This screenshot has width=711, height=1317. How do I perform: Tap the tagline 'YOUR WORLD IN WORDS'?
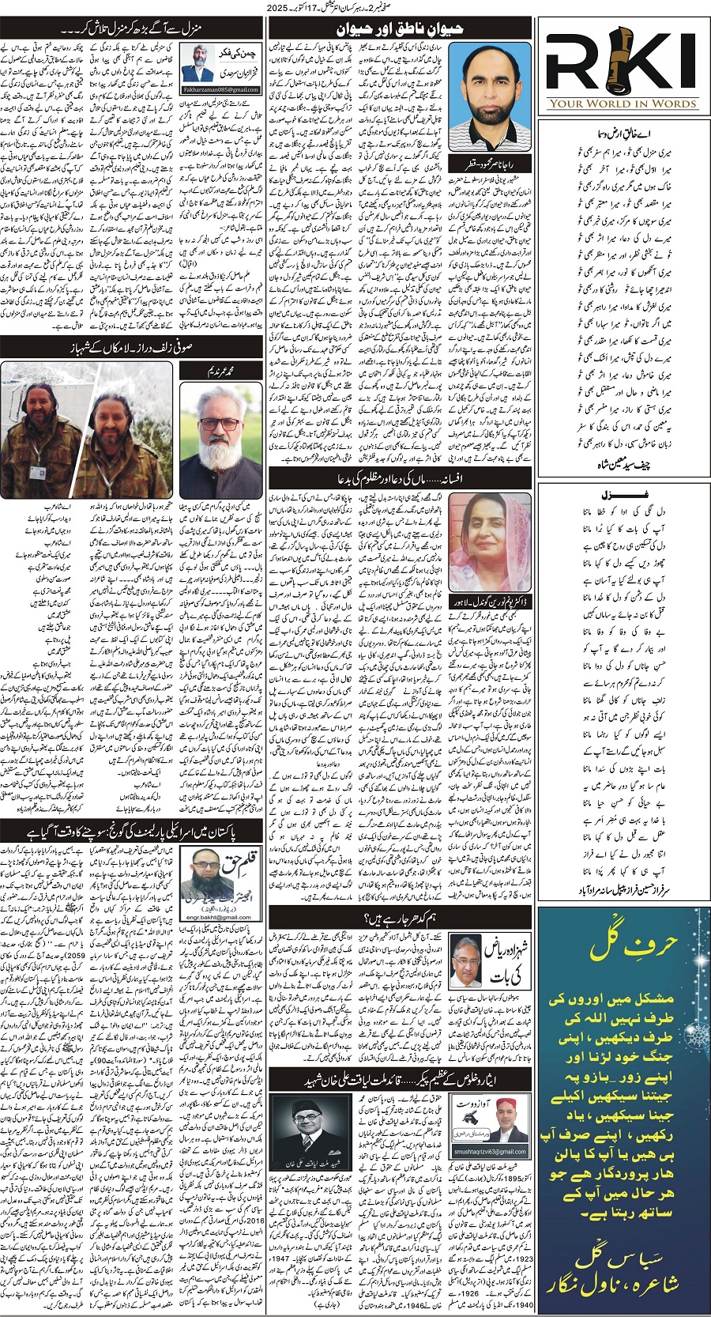tap(623, 104)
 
